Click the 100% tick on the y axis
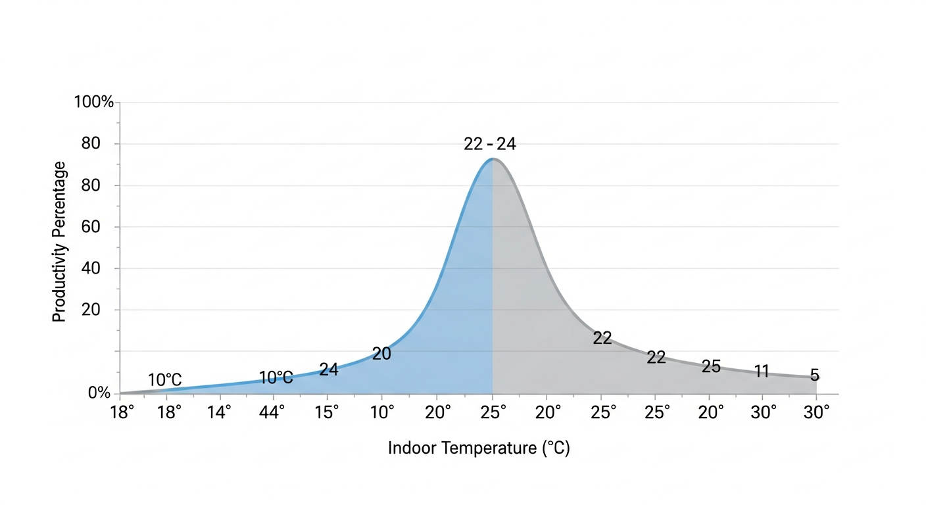94,102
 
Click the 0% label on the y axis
99,393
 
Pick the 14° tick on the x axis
219,412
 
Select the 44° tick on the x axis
272,412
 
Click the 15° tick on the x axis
327,412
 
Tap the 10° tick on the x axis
382,412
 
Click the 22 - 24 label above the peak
490,144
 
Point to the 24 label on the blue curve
328,370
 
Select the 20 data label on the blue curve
381,354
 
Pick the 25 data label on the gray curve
711,366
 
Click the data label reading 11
762,372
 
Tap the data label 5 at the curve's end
814,375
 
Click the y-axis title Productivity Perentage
59,242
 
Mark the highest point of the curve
493,158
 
